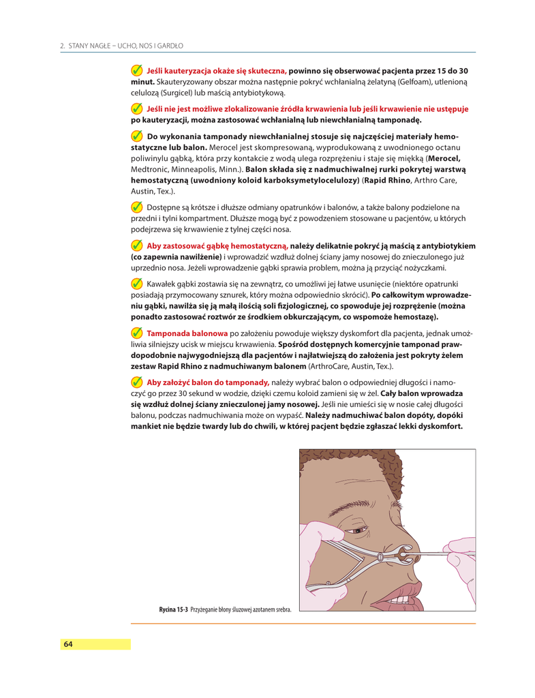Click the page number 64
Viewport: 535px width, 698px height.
[x=68, y=644]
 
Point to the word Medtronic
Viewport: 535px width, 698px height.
[x=150, y=169]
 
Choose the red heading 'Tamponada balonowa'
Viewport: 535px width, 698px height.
[x=187, y=333]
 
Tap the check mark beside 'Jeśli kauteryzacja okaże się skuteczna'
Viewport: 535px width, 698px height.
[x=137, y=71]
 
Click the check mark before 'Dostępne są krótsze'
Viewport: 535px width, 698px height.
[x=137, y=207]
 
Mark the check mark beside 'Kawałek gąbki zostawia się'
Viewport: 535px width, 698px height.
[x=137, y=284]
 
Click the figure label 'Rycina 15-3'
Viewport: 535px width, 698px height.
[x=174, y=609]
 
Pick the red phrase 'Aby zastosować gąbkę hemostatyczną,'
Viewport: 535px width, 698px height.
[x=217, y=245]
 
